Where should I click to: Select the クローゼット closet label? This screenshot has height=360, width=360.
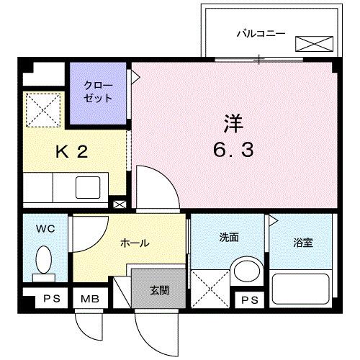click(98, 92)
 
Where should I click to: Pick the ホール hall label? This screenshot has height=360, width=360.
click(135, 243)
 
